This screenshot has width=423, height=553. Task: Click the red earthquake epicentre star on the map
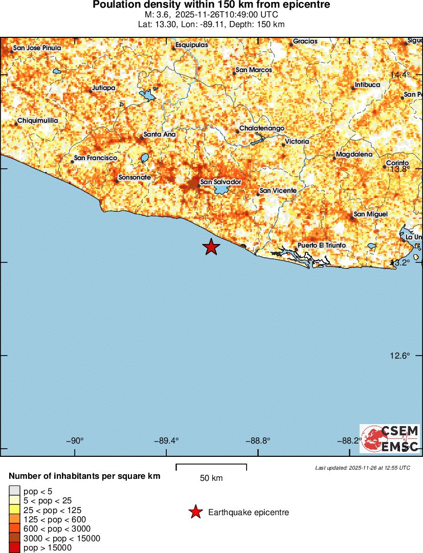211,247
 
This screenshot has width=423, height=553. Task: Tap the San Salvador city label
220,182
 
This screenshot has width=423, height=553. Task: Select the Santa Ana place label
160,135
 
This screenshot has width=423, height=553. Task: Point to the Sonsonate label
135,178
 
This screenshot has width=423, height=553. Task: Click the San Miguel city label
371,214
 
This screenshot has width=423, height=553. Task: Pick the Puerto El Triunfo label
322,246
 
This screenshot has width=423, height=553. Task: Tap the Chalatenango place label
262,128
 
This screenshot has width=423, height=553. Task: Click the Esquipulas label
192,45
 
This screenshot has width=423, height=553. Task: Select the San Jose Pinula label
37,48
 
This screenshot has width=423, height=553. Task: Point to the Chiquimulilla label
38,121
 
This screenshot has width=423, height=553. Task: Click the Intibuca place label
367,85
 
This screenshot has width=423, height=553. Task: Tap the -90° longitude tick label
75,440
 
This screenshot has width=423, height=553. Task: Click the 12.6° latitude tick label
400,356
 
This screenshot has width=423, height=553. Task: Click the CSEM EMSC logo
390,438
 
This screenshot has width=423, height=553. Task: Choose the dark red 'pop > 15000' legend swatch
15,548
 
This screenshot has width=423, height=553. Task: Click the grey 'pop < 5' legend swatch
15,492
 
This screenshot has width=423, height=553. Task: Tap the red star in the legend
195,512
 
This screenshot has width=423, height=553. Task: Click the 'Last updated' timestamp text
362,468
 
